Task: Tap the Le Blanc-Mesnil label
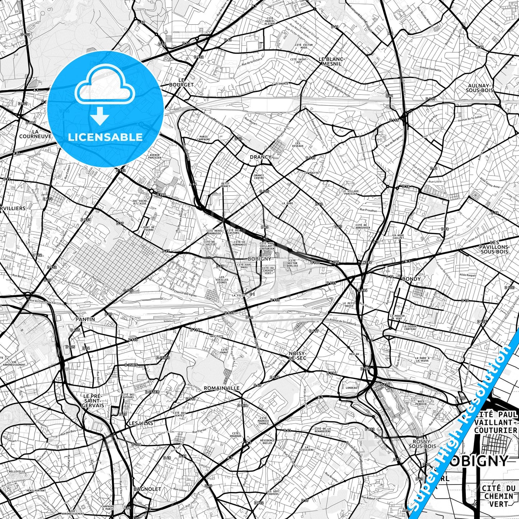coord(332,61)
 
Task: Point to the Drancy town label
coord(260,157)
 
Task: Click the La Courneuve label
coord(35,134)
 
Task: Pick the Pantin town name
coord(85,319)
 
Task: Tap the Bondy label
coord(411,279)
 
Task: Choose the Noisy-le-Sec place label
coord(297,356)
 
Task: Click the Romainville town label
coord(221,388)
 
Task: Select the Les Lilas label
coord(141,423)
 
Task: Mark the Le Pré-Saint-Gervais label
coord(93,400)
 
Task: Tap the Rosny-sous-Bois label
coord(422,444)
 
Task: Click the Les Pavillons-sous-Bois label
coord(494,247)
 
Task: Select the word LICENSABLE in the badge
coord(105,137)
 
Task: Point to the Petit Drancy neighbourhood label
coord(225,185)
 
